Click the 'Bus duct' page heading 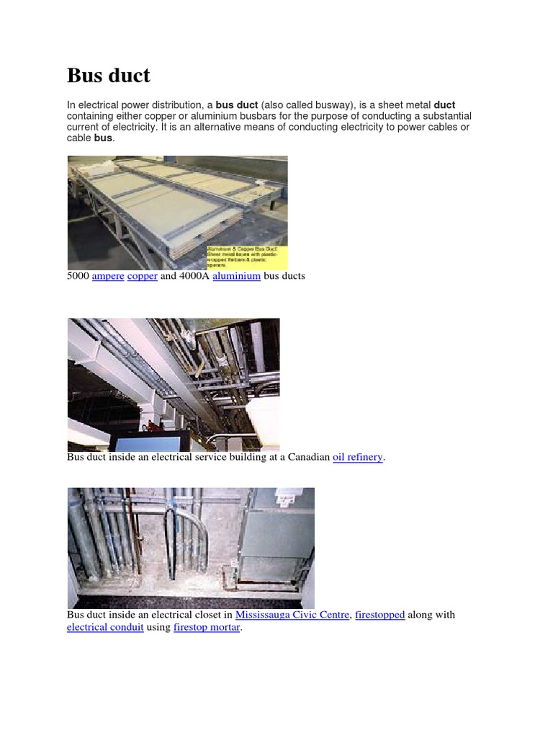click(109, 75)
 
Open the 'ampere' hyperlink click(108, 276)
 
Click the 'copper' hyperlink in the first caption click(143, 276)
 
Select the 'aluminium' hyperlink click(236, 276)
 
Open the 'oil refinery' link click(358, 457)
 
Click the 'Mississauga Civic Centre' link click(292, 615)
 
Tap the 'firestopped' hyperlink click(380, 615)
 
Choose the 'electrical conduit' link click(106, 627)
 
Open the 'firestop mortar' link click(207, 627)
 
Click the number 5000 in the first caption click(78, 276)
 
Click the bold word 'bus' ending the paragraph click(103, 138)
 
